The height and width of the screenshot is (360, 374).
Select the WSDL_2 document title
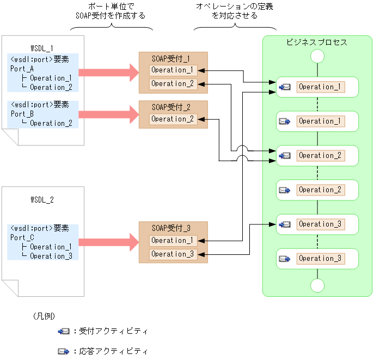tap(42, 199)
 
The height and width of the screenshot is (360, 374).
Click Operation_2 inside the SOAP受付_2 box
tap(173, 119)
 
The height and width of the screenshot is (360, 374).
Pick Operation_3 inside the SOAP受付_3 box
tap(173, 254)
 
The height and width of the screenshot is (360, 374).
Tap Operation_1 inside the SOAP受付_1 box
tap(173, 70)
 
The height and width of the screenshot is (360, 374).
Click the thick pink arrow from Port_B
tap(109, 114)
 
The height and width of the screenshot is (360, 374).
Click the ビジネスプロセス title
tap(317, 42)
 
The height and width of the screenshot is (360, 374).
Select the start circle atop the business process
tap(317, 56)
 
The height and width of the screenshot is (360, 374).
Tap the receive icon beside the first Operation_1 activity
tap(285, 87)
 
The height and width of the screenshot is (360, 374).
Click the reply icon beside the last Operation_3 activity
tap(285, 259)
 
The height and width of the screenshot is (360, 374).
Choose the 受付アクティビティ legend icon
tap(64, 331)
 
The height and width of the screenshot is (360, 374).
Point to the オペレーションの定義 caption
tap(234, 6)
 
